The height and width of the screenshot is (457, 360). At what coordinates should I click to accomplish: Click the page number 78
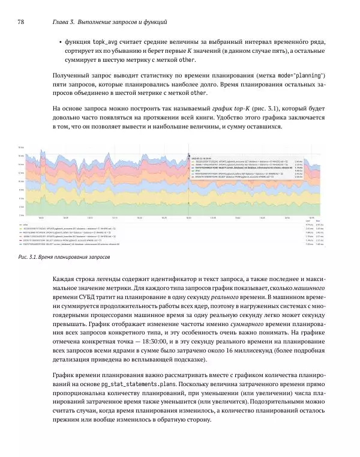(20, 22)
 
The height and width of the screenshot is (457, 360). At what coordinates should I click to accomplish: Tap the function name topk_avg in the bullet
(106, 42)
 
